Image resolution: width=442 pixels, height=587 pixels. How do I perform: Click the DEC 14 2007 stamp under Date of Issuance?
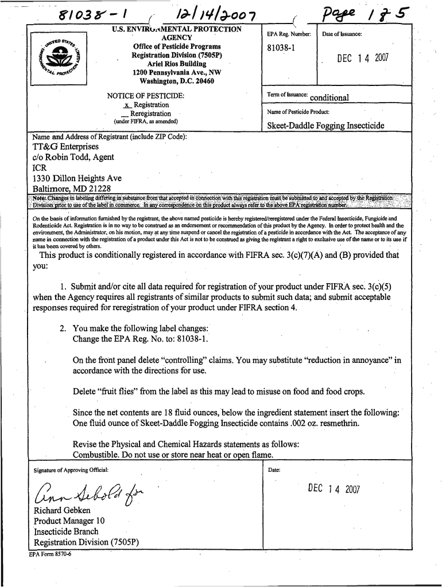click(x=363, y=58)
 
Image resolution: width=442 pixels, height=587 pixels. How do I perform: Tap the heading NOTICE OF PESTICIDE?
click(x=146, y=95)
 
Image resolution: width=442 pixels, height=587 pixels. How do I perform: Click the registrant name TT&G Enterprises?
click(x=65, y=147)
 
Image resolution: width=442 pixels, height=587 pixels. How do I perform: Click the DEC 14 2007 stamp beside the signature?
click(x=334, y=489)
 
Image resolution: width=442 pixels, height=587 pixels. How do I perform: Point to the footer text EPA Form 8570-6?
click(x=51, y=554)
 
